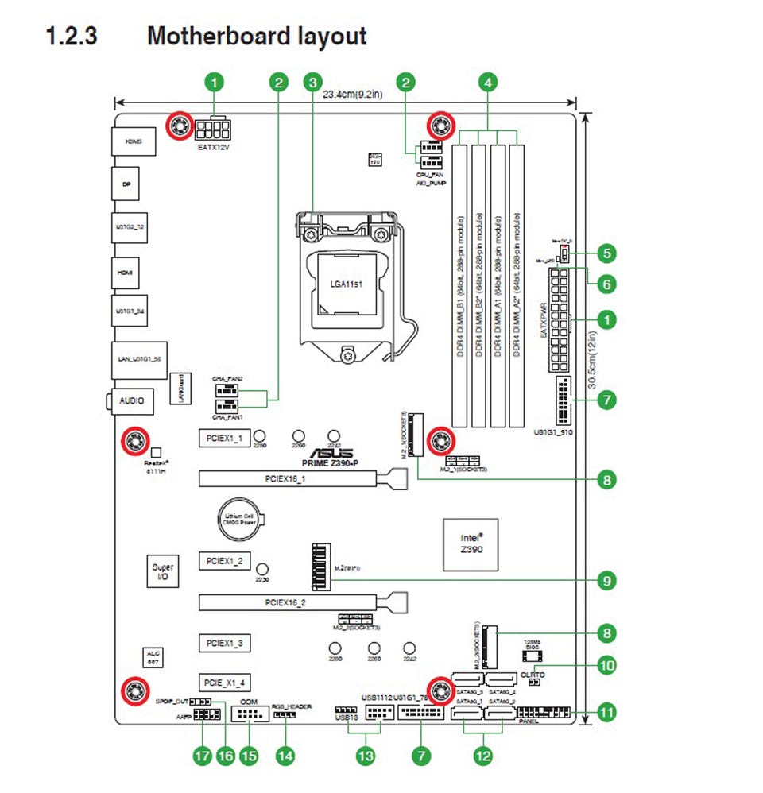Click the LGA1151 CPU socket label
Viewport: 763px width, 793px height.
[347, 283]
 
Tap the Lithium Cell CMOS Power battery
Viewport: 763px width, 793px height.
[238, 519]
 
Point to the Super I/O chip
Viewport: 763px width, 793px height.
[162, 572]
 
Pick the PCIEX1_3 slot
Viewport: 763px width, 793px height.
[224, 641]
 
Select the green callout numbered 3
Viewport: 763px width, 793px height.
[313, 81]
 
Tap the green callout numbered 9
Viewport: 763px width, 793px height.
[606, 581]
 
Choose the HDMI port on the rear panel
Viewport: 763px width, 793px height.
[126, 272]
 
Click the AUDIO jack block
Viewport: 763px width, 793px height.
[132, 400]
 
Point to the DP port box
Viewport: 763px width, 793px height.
[126, 184]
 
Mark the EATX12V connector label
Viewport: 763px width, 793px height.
[213, 147]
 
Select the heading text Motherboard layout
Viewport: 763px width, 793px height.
[257, 36]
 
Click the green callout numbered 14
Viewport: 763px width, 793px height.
[284, 755]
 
